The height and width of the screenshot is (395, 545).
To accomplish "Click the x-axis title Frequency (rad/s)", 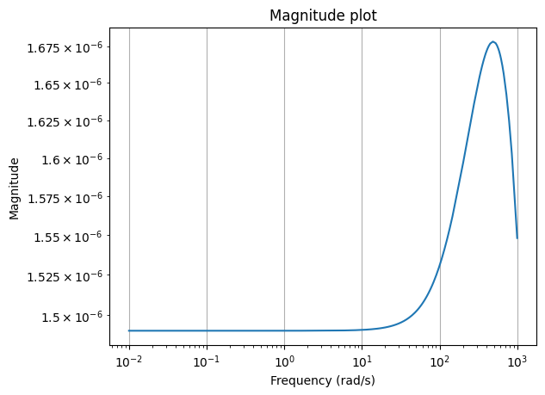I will click(323, 380).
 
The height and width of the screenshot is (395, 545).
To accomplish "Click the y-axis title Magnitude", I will click(14, 188).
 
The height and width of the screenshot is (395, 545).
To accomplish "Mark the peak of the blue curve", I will click(492, 41).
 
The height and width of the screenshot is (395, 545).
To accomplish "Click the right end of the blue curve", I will click(517, 238).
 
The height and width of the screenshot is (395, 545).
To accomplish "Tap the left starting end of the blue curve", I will click(129, 330).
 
